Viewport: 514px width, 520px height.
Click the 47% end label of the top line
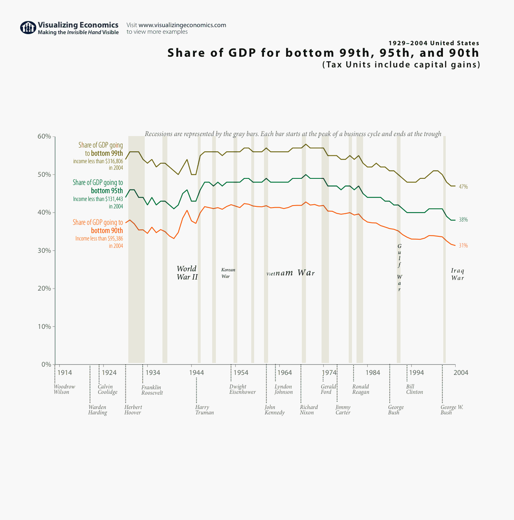[x=463, y=187]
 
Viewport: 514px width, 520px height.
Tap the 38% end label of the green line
[x=463, y=220]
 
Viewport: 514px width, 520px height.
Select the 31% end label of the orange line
[x=463, y=246]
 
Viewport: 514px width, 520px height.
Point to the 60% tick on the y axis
[x=45, y=136]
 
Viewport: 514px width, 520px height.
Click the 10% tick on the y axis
[x=45, y=327]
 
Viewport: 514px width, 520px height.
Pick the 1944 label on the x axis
[x=197, y=373]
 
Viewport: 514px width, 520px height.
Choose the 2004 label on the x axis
[x=461, y=373]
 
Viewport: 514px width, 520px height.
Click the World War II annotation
[x=187, y=273]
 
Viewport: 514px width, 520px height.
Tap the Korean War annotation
[x=228, y=273]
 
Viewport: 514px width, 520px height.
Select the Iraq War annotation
[x=457, y=274]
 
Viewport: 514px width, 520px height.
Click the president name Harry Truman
[x=204, y=410]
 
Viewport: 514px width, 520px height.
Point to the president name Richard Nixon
[x=308, y=410]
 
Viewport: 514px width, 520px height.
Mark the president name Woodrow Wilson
[x=64, y=389]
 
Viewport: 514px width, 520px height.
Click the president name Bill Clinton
[x=414, y=389]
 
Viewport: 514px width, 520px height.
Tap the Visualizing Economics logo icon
[x=28, y=28]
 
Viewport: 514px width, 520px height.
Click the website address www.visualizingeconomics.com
[x=182, y=25]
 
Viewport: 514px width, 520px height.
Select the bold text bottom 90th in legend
[x=107, y=231]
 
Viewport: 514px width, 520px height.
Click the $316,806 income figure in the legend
[x=114, y=161]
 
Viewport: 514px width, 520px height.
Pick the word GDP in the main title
[x=243, y=53]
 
